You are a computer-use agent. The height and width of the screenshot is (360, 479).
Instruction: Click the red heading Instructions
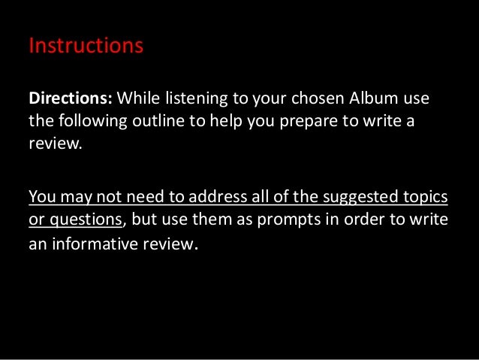85,47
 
